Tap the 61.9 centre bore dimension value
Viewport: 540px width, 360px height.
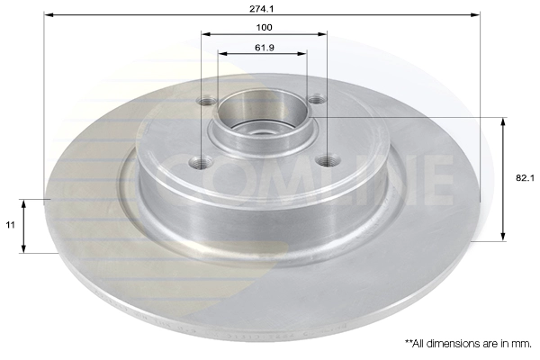(x=263, y=45)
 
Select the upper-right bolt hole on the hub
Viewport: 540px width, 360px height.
(x=317, y=101)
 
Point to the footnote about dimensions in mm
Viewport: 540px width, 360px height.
(x=468, y=343)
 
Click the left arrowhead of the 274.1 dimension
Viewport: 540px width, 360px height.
(x=48, y=15)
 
